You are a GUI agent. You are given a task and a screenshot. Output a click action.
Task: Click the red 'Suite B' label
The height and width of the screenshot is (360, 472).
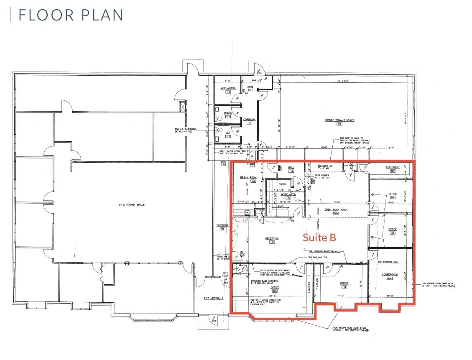click(x=319, y=237)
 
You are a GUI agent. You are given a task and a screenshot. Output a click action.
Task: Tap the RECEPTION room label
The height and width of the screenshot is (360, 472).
click(x=271, y=238)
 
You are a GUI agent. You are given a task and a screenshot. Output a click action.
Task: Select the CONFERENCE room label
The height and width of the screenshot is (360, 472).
click(x=390, y=275)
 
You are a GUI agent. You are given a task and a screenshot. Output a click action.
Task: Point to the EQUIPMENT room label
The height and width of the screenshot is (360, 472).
click(x=393, y=167)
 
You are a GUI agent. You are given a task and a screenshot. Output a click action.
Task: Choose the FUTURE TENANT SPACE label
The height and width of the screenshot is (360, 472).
click(x=339, y=120)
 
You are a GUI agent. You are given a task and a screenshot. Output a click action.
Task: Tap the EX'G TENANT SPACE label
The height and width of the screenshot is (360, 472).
click(x=131, y=204)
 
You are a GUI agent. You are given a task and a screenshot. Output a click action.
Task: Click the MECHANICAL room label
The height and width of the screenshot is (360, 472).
click(x=228, y=88)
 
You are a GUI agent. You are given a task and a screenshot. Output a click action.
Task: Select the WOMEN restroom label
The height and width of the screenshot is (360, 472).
click(x=228, y=113)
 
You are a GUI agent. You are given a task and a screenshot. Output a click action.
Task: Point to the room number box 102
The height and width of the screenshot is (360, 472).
click(x=275, y=291)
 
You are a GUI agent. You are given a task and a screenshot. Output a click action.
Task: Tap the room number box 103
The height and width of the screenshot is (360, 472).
click(x=344, y=287)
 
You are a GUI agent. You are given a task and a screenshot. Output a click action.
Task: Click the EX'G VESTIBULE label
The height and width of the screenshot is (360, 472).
click(x=214, y=298)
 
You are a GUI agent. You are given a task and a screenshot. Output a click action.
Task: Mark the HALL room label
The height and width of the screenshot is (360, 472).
click(x=291, y=167)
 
